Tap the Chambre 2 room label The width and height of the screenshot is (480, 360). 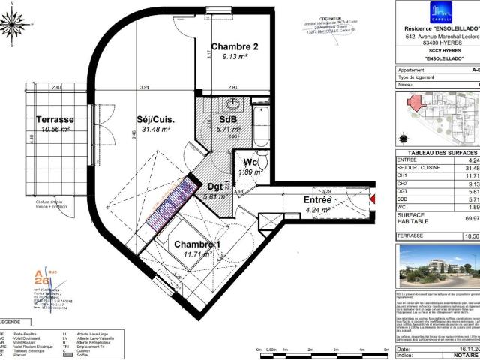[x=234, y=47]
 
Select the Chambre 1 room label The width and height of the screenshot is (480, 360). [x=197, y=245]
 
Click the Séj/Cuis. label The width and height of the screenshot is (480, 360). [x=156, y=118]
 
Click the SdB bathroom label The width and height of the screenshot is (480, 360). [x=229, y=119]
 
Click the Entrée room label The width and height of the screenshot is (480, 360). [x=318, y=200]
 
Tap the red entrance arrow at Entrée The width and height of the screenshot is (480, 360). [x=371, y=199]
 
